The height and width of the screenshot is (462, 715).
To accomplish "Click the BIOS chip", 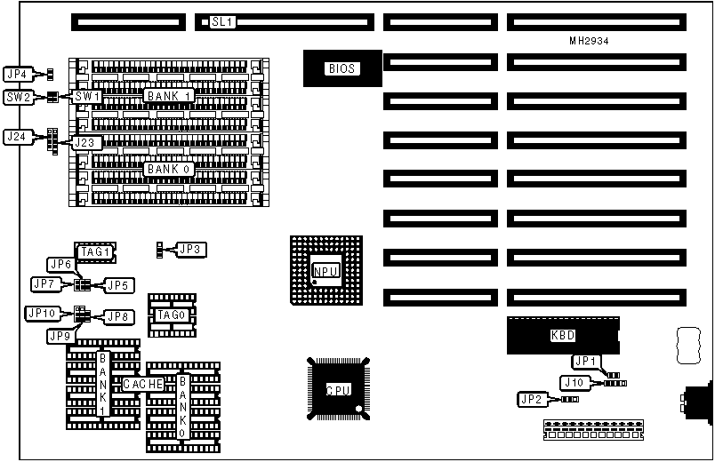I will click(x=342, y=68).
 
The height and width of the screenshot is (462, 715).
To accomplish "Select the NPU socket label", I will click(x=325, y=271).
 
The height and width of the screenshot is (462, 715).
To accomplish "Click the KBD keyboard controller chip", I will click(x=562, y=336).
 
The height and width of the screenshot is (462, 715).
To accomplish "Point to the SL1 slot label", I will click(x=222, y=21).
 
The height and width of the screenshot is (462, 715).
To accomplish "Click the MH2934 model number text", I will click(x=589, y=41).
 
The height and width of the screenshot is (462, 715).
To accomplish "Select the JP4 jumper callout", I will click(x=17, y=74).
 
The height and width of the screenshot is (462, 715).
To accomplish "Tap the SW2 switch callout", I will click(x=18, y=97).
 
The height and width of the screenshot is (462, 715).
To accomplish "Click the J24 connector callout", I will click(x=17, y=137).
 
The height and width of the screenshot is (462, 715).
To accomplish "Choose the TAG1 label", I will click(x=94, y=252).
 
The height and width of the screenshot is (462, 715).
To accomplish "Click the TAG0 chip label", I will click(x=170, y=315).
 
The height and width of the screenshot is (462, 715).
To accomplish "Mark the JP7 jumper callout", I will click(x=44, y=284).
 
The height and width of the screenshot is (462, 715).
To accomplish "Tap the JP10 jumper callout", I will click(x=42, y=314).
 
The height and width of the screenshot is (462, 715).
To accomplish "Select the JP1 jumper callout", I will click(x=586, y=361).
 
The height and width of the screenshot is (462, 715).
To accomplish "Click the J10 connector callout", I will click(x=574, y=382).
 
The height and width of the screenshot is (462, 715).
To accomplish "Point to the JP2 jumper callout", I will click(x=532, y=400).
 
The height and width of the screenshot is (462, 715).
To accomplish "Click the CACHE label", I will click(x=142, y=384).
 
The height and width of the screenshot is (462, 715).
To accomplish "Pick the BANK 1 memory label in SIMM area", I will click(x=169, y=95).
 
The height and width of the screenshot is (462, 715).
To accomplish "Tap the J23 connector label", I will click(x=88, y=142).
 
